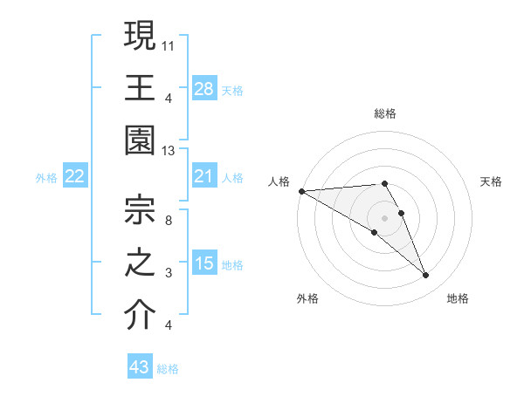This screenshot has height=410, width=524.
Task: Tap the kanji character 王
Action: tap(140, 87)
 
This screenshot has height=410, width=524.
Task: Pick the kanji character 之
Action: tap(140, 262)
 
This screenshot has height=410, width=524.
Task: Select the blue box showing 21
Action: tap(203, 176)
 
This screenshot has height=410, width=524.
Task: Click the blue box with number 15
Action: tap(203, 263)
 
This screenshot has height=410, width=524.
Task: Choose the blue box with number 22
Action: tap(75, 176)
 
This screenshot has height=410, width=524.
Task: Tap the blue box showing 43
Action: tap(140, 367)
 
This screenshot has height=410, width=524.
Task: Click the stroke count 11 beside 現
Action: tap(169, 44)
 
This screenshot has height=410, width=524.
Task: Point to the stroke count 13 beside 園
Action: tap(169, 150)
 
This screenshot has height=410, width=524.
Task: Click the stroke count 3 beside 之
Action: tap(169, 273)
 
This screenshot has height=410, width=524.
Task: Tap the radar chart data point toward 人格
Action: tap(301, 191)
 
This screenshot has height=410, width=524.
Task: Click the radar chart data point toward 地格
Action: tap(425, 276)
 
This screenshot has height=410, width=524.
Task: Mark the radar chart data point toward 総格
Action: tap(383, 183)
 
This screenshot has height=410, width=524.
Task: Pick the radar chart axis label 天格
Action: tap(491, 181)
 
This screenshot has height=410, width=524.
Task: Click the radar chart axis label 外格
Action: tap(307, 298)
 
